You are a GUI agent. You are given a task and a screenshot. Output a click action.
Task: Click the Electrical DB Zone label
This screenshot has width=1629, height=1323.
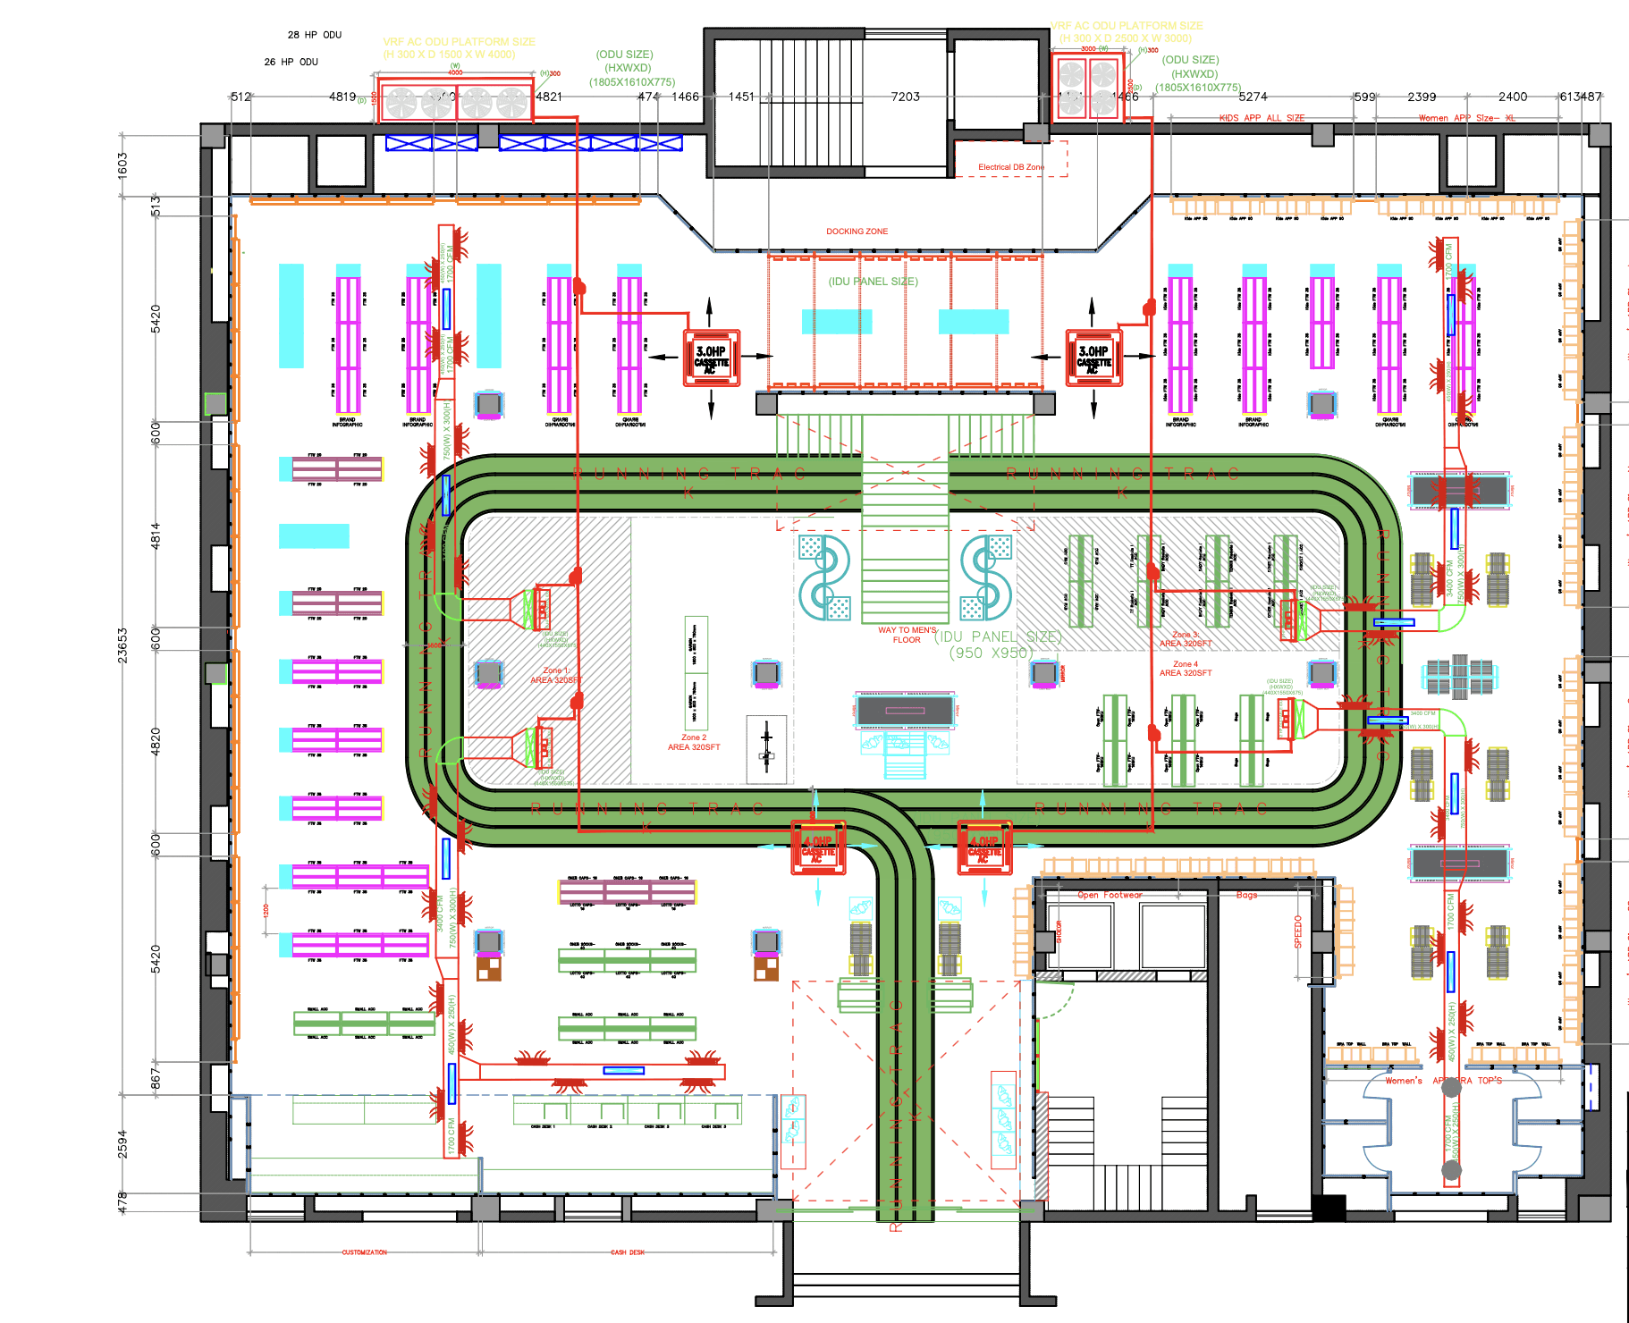(1010, 167)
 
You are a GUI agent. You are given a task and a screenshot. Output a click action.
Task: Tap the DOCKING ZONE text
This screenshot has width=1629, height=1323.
(857, 232)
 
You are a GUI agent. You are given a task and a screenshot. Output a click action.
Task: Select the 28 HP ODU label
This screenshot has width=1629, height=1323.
(315, 35)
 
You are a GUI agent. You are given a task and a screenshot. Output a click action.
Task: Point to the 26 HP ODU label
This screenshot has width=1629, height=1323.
(291, 62)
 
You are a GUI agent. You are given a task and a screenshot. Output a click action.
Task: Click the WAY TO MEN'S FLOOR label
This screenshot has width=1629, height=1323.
(907, 635)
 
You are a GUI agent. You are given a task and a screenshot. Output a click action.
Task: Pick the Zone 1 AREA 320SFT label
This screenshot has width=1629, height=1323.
(555, 675)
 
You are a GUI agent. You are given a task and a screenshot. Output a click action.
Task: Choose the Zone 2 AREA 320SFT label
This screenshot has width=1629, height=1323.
(693, 743)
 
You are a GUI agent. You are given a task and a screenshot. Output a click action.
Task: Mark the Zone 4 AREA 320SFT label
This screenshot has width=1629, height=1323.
(1186, 669)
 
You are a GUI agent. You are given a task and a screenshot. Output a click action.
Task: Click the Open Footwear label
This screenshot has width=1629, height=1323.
(1110, 895)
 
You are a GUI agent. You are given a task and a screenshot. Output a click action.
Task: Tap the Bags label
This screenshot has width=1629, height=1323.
(1246, 895)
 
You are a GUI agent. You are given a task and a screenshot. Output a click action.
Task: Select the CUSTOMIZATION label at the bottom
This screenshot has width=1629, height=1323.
(365, 1252)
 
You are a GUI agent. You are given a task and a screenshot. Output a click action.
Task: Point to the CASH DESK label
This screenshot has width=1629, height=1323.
(628, 1252)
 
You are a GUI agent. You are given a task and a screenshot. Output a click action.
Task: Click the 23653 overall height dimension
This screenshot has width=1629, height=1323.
(122, 645)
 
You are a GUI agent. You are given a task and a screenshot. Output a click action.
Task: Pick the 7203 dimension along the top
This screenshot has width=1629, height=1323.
(905, 97)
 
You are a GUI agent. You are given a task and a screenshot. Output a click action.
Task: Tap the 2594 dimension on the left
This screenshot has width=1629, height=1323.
(122, 1144)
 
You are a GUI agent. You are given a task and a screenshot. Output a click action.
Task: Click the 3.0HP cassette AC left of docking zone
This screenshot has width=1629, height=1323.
(712, 358)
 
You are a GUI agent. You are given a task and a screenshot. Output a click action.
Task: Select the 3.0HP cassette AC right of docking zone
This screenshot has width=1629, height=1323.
(1093, 358)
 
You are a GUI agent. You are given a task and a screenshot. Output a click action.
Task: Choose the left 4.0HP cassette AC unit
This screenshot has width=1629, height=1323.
(818, 847)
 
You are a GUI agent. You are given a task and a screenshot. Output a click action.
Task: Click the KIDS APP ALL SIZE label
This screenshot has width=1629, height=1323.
(1262, 118)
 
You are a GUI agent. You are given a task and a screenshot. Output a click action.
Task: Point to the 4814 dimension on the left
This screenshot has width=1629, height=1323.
(156, 535)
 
